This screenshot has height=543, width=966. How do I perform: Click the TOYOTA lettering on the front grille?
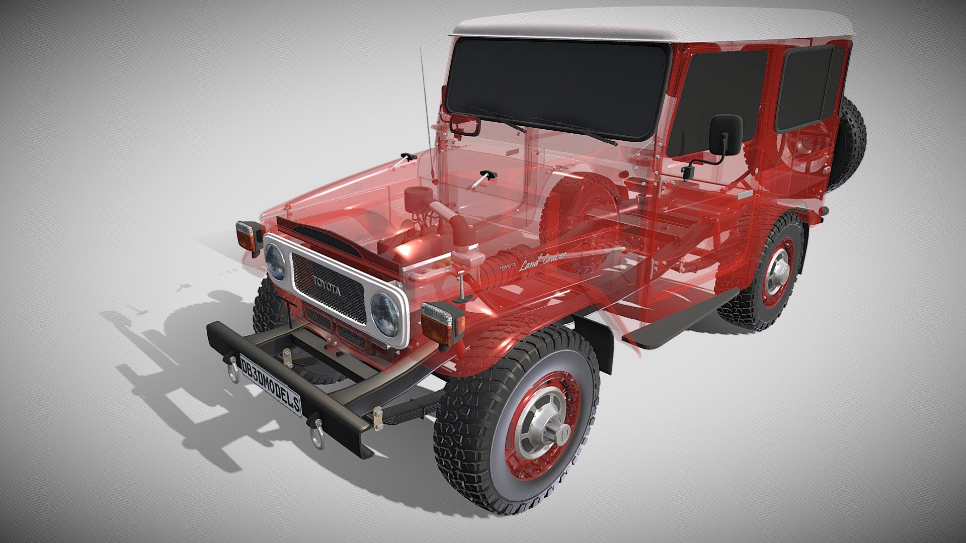(x=327, y=286)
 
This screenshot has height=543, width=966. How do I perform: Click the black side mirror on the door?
(x=725, y=134)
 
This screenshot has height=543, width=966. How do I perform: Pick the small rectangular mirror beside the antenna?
(x=465, y=124)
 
